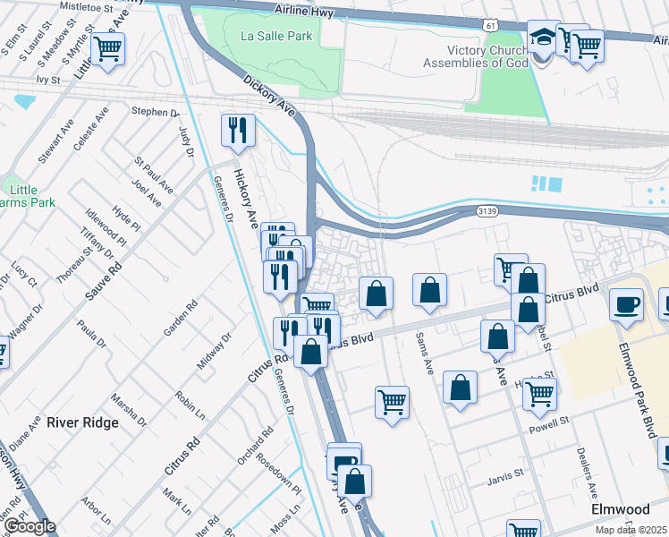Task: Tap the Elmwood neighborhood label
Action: coord(621,508)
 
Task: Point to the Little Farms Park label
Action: coord(30,196)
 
